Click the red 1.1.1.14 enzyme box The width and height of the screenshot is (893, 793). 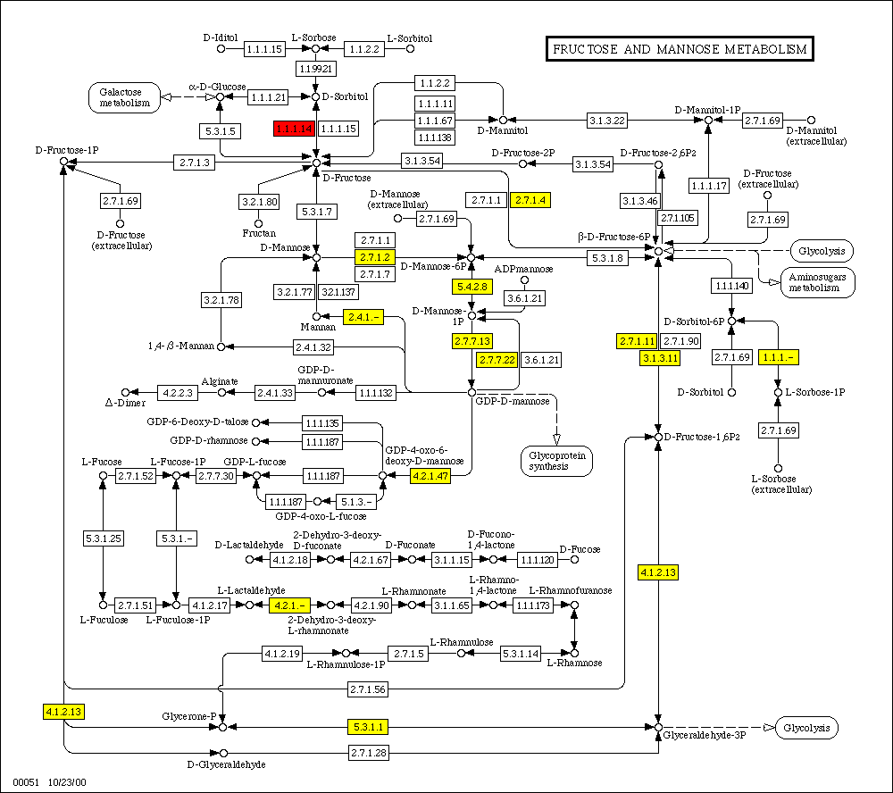pos(294,129)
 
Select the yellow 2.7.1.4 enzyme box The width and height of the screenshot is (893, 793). pos(530,200)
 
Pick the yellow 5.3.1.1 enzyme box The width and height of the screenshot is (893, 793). pos(367,727)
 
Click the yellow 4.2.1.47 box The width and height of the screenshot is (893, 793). pos(430,477)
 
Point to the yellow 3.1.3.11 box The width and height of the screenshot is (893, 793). pos(661,358)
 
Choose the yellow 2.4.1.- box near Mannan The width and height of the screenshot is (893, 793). pos(363,316)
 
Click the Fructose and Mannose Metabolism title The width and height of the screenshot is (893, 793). pos(680,49)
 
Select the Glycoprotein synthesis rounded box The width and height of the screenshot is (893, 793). pos(557,460)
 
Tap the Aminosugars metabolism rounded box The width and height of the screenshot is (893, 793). pos(818,282)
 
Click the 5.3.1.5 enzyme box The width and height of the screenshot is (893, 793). pos(219,130)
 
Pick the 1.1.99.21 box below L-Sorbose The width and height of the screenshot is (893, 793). pos(315,68)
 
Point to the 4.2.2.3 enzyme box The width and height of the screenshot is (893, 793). pos(178,392)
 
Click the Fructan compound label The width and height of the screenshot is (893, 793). pos(258,233)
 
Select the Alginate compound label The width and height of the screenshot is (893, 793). pos(219,380)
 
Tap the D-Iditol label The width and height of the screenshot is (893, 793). pos(220,38)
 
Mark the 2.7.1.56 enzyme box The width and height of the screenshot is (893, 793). pos(367,689)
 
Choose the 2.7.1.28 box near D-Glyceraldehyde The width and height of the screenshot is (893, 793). pos(367,755)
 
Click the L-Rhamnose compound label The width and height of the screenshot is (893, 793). pos(574,663)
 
